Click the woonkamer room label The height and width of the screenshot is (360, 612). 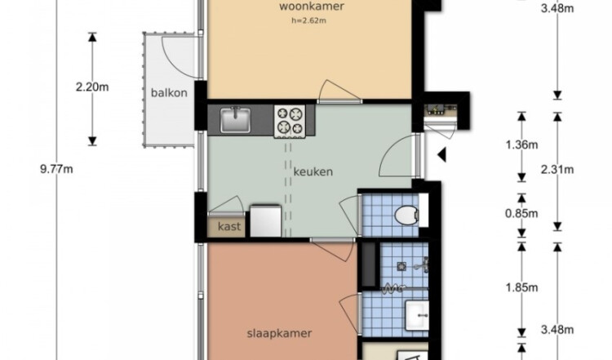312,7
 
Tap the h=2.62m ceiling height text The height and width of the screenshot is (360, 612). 308,20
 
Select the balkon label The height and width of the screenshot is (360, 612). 169,93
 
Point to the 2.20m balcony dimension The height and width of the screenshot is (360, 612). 92,87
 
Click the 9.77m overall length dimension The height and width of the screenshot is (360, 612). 56,170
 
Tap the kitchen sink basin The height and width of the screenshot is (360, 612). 235,120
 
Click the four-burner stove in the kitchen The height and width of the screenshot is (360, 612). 290,121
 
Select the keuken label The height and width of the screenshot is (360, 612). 313,171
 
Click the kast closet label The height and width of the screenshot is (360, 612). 229,226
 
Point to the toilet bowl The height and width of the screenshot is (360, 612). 406,216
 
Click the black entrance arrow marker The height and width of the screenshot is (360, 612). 441,155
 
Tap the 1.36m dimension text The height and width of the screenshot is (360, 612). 522,144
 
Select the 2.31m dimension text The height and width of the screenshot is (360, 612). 557,170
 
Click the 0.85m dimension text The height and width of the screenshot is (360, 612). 522,214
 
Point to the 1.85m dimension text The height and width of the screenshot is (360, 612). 522,288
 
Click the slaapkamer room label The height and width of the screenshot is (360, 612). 279,333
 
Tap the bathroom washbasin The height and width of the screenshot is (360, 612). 417,315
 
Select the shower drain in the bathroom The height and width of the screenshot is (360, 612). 401,267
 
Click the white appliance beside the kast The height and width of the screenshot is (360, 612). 265,220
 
